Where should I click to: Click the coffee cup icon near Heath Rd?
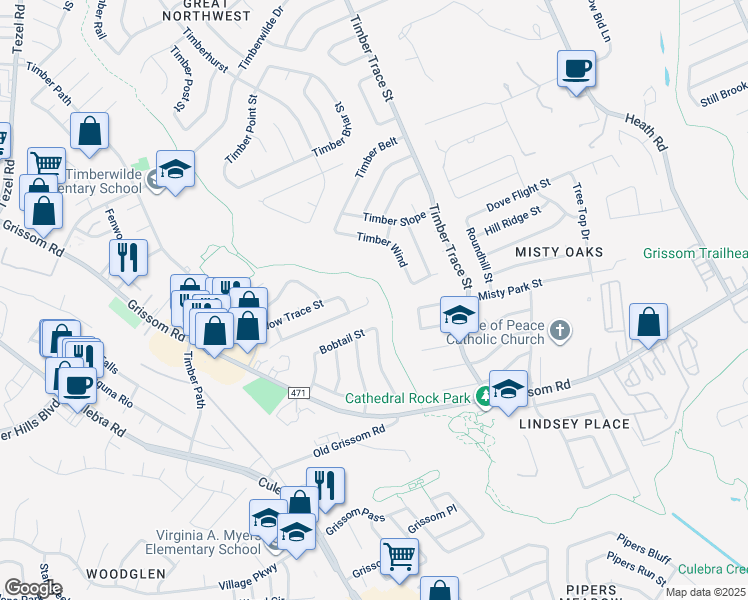[575, 71]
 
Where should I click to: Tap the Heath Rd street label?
[645, 131]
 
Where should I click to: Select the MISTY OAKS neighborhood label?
[559, 252]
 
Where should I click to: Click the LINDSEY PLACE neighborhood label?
[574, 424]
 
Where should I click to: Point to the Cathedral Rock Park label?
[407, 398]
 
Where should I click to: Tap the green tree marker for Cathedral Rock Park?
[484, 398]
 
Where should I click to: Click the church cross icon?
[561, 330]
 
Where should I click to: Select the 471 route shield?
[297, 392]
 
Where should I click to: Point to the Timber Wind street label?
[382, 249]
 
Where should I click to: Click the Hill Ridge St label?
[513, 221]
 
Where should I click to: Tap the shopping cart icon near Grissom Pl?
[399, 555]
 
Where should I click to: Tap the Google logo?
[32, 588]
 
